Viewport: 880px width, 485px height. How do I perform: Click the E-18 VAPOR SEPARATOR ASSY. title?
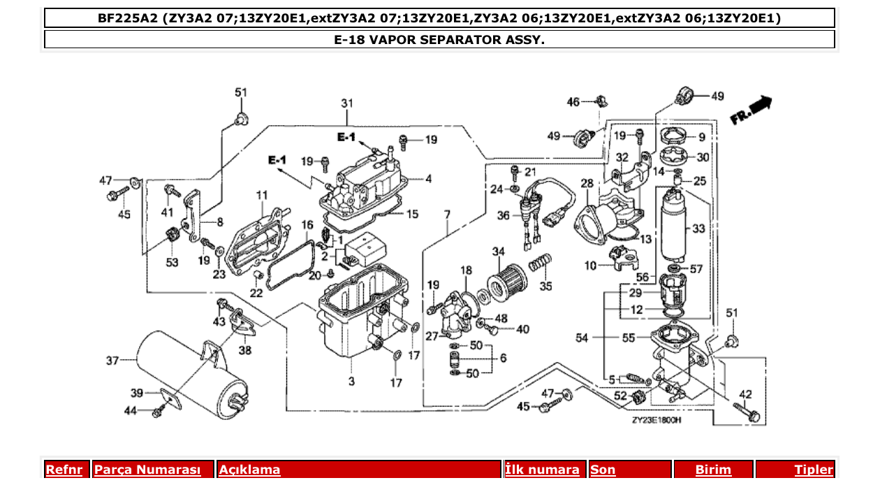439,39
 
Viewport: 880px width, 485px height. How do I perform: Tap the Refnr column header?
67,470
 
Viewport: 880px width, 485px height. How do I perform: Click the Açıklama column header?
250,470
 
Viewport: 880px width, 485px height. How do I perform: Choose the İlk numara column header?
542,470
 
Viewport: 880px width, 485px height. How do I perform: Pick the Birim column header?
713,470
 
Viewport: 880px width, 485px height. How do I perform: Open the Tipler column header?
814,470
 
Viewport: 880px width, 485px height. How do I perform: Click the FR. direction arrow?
751,110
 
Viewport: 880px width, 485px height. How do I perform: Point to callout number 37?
112,361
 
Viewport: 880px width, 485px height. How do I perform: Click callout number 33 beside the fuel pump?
700,229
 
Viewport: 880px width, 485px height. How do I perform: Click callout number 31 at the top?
347,103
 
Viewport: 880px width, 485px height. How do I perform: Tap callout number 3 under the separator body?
351,381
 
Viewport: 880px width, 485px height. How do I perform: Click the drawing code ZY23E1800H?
656,421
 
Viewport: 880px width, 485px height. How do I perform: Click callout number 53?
172,262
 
